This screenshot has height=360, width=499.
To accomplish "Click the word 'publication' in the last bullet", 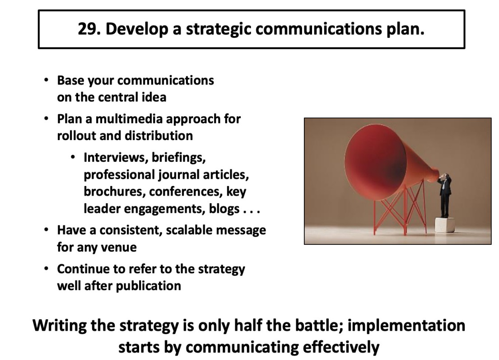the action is (148, 286).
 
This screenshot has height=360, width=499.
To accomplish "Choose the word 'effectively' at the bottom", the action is (341, 347).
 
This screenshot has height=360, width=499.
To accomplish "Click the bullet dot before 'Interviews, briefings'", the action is (73, 157).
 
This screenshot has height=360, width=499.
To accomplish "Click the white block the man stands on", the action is (444, 225).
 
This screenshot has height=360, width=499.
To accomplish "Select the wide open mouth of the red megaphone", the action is (376, 162).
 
